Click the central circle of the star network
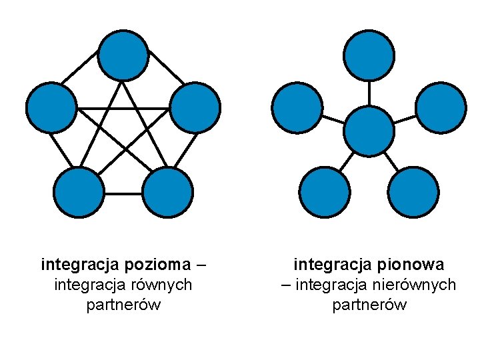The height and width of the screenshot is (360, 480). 369,131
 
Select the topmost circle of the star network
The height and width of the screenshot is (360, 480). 369,55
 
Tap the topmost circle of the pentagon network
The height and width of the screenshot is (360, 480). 123,55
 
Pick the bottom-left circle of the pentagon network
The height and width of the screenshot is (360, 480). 79,193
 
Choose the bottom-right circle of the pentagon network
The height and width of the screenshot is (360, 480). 168,193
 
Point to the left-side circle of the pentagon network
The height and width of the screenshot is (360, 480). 51,108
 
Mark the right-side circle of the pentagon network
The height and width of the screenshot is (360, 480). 195,108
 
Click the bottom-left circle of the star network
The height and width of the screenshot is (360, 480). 324,193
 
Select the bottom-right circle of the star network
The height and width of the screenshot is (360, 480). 413,193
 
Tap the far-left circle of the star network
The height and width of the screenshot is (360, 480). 297,108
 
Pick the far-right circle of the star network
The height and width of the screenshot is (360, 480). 441,108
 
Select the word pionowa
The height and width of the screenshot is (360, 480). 413,265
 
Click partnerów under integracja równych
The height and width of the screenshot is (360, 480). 123,305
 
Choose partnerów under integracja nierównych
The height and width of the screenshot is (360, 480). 369,305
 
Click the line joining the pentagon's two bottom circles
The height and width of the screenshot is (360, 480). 123,193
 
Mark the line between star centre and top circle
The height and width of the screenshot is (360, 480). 369,93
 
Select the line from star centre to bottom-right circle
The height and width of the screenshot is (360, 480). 391,162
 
